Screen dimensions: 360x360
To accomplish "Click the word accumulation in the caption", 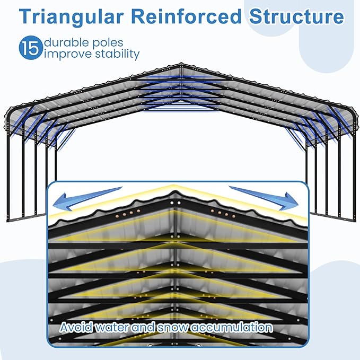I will tap(231, 327).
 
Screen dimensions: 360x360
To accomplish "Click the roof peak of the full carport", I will tap(180, 64).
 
